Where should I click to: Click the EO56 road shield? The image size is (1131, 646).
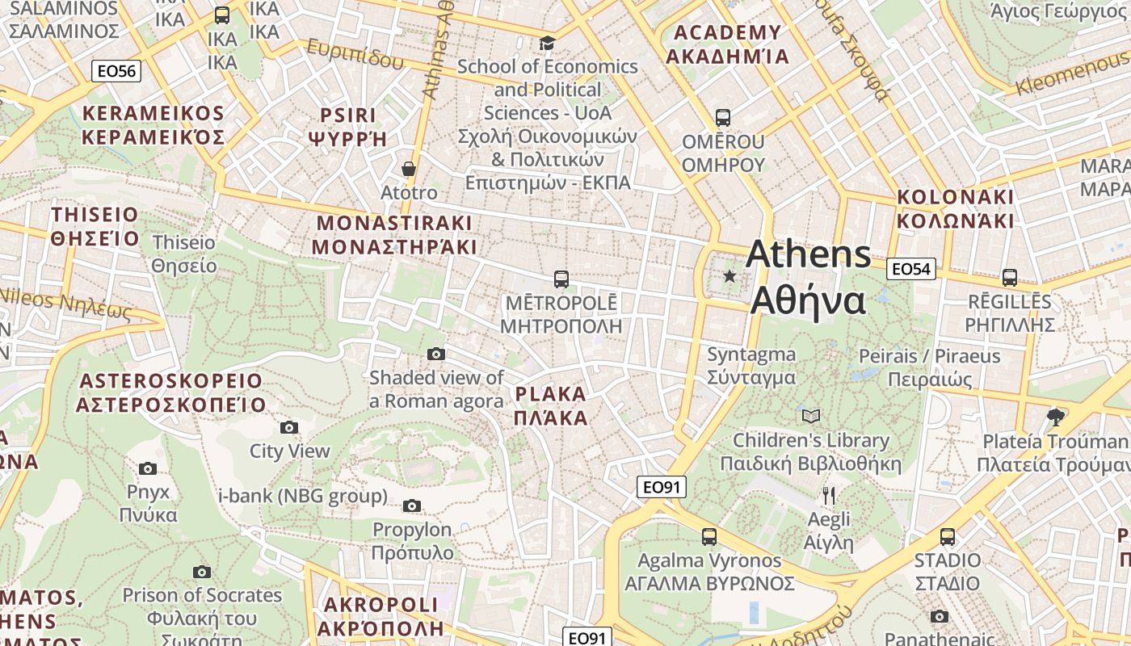click(116, 71)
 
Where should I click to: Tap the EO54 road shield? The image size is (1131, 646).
click(910, 269)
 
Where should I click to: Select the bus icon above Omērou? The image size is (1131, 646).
click(722, 118)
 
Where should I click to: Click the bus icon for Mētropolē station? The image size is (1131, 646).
click(561, 279)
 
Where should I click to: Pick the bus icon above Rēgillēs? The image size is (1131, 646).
click(1009, 278)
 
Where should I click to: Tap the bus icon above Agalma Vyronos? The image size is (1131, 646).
click(708, 536)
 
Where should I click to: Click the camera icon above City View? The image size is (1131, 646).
click(288, 427)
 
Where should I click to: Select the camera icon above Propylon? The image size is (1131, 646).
click(412, 506)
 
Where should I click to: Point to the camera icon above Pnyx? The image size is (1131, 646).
click(147, 468)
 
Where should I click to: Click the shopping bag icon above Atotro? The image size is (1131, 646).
click(409, 169)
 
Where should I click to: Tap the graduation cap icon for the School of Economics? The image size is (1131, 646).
click(547, 43)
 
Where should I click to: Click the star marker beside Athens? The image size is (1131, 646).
click(729, 276)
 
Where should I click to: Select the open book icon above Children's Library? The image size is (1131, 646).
click(810, 416)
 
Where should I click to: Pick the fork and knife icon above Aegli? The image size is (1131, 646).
click(828, 495)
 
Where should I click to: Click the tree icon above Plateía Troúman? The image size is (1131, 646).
click(1054, 417)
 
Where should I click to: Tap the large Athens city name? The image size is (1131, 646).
click(808, 277)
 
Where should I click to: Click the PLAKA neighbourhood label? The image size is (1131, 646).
click(550, 405)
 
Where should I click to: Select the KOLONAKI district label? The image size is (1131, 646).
click(954, 208)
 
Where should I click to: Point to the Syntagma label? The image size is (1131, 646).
click(751, 366)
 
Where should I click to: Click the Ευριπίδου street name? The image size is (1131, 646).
click(355, 53)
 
